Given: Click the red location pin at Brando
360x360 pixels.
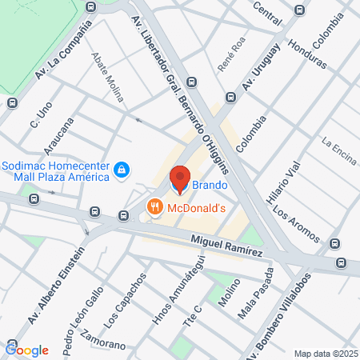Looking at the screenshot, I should coord(180,179).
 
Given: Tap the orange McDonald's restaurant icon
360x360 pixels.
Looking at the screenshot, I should coord(155,208).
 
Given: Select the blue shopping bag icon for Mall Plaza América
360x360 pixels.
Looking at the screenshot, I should coord(121,170).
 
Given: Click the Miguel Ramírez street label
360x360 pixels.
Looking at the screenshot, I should coord(226,246).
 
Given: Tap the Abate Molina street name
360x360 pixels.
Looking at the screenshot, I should coord(108,78).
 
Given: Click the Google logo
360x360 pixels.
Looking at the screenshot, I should coord(26,350).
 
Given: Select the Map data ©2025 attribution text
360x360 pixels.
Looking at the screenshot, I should coord(324,354).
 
